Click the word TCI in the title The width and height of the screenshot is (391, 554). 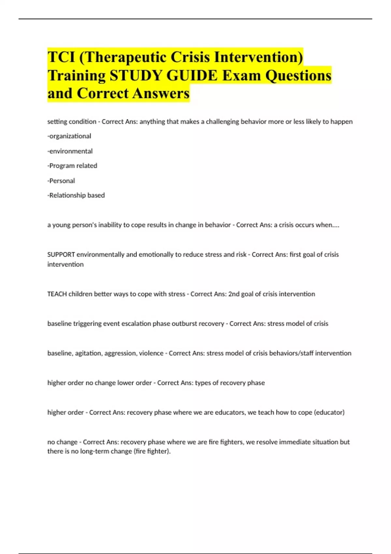[61, 57]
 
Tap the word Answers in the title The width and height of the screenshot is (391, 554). [161, 93]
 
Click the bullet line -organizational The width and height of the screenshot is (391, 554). [69, 136]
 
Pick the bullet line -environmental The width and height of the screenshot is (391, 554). [70, 151]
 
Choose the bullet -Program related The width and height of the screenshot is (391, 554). [72, 166]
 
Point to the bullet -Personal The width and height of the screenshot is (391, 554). [61, 181]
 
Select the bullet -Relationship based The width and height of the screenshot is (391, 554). [76, 196]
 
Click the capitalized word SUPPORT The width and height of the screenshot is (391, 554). [61, 255]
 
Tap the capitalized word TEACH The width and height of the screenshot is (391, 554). [57, 294]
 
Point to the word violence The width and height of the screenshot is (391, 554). [151, 353]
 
